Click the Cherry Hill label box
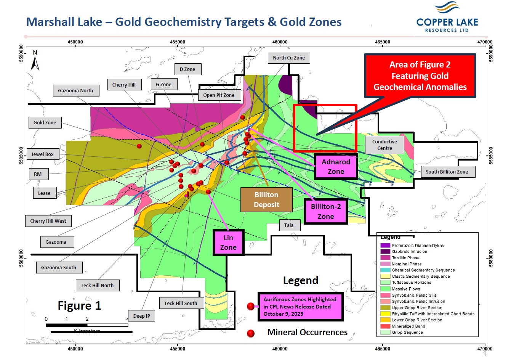click(124, 85)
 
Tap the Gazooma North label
click(75, 90)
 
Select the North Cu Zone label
click(289, 58)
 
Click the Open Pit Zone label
click(219, 95)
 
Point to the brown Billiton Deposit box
click(266, 199)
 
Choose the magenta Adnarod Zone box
click(336, 167)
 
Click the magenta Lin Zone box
click(228, 243)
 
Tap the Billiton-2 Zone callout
click(326, 211)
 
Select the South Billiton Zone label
click(447, 172)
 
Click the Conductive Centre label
click(384, 145)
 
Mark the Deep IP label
click(142, 316)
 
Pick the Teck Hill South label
click(181, 303)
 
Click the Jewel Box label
click(43, 154)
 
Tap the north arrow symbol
click(35, 61)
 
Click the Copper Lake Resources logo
click(447, 18)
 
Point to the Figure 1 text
click(79, 305)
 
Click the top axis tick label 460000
click(280, 42)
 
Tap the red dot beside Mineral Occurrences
click(251, 333)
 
